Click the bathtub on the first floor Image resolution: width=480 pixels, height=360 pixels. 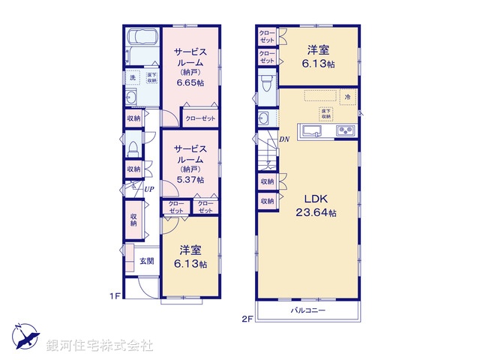[x=141, y=39]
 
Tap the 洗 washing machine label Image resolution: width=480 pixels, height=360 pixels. [x=132, y=77]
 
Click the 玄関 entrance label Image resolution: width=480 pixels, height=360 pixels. [x=146, y=261]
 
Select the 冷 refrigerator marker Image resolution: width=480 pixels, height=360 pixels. [x=347, y=97]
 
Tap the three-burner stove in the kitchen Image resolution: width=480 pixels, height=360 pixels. [x=346, y=131]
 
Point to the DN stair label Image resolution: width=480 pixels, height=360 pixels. [x=284, y=139]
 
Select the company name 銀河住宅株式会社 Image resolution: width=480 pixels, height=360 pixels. [x=100, y=345]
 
